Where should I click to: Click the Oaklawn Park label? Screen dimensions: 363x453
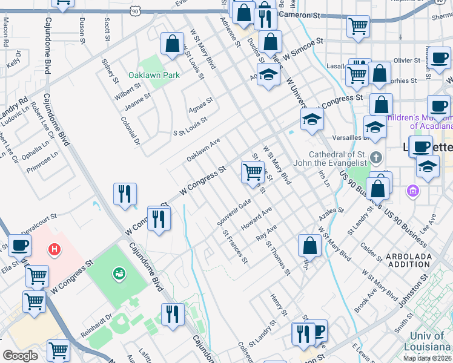point(154,76)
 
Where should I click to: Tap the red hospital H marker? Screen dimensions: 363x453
point(55,249)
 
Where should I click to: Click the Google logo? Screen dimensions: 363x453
point(20,356)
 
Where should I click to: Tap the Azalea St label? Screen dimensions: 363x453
point(333,214)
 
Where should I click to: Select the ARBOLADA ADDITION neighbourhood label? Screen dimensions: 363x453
point(409,261)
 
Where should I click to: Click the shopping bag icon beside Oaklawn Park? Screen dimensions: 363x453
point(172,44)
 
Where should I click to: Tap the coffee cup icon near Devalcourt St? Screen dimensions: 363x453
point(19,246)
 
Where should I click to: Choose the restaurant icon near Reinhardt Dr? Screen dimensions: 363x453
point(173,313)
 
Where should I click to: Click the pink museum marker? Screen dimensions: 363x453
point(414,191)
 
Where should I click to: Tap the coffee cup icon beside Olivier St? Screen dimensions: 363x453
point(439,59)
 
